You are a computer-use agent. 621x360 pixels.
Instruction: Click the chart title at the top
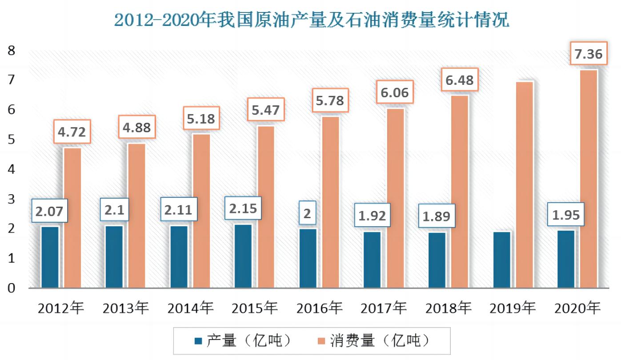311,20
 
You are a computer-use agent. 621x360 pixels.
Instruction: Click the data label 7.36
588,55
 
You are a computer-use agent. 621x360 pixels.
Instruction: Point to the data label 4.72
72,132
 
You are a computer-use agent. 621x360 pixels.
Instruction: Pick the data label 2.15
243,208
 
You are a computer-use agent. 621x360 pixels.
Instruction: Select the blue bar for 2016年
308,258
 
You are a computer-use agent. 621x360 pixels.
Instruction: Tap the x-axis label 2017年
384,308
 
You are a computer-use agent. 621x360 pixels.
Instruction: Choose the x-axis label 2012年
61,308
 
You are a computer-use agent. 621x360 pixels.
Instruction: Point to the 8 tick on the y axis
12,51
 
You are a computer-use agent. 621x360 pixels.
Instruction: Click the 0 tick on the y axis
12,288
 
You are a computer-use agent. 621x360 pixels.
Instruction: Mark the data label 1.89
436,216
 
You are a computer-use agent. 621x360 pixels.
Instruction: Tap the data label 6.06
394,93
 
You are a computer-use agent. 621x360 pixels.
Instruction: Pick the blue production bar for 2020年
566,259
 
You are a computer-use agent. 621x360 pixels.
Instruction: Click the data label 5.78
329,100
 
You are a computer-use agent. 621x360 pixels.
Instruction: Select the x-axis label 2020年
577,308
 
